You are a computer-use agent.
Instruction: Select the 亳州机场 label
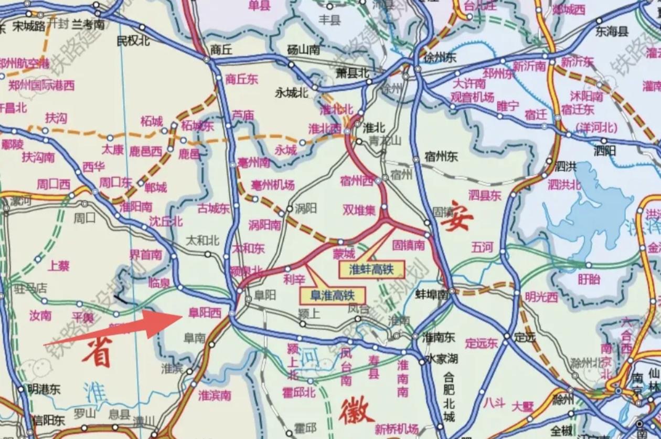(x=272, y=185)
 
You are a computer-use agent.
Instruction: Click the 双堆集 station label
(x=359, y=210)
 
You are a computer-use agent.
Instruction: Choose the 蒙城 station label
(x=344, y=254)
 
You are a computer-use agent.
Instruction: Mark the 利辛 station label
(x=294, y=277)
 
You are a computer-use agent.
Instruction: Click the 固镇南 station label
(x=409, y=245)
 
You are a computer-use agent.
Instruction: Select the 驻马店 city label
(x=31, y=288)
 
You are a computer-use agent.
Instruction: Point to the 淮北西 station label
(x=324, y=129)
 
